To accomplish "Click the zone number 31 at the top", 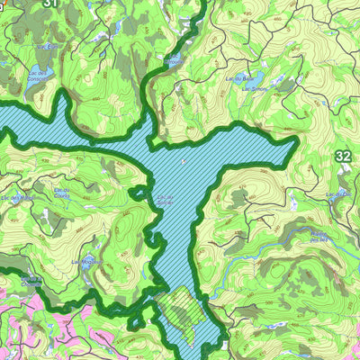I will (50, 4).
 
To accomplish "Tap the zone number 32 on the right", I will (343, 157).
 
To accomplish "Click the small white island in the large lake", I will (183, 163).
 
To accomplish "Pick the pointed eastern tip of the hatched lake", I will (295, 145).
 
